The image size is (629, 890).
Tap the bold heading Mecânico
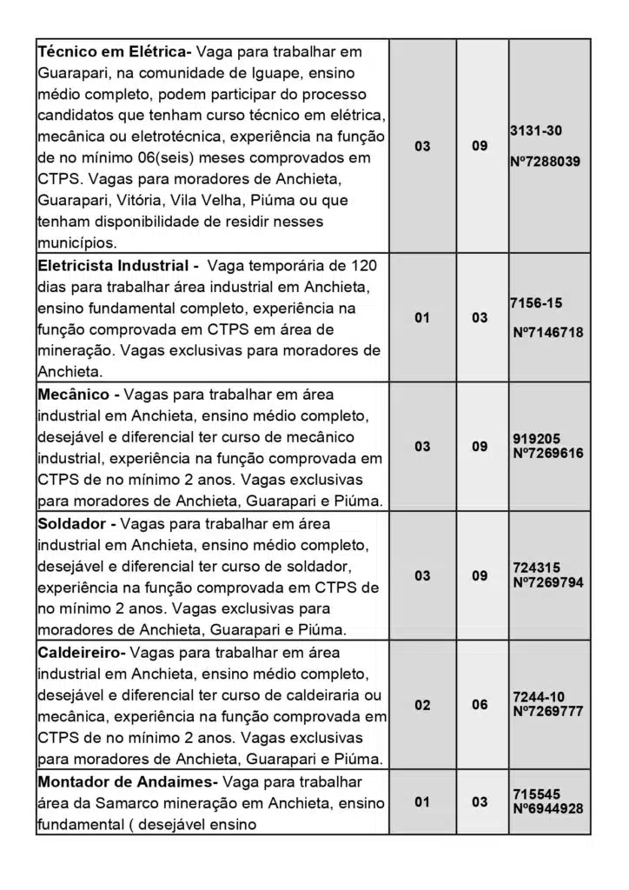point(73,395)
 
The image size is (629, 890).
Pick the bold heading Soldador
point(73,524)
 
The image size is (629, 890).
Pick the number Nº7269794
point(548,582)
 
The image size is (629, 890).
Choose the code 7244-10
point(539,697)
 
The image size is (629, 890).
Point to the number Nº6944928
point(548,808)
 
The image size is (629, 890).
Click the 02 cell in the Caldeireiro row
point(422,705)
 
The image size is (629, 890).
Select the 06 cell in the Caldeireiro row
point(480,705)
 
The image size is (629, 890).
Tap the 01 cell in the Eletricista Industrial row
point(422,318)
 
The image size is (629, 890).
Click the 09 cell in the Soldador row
point(480,575)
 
